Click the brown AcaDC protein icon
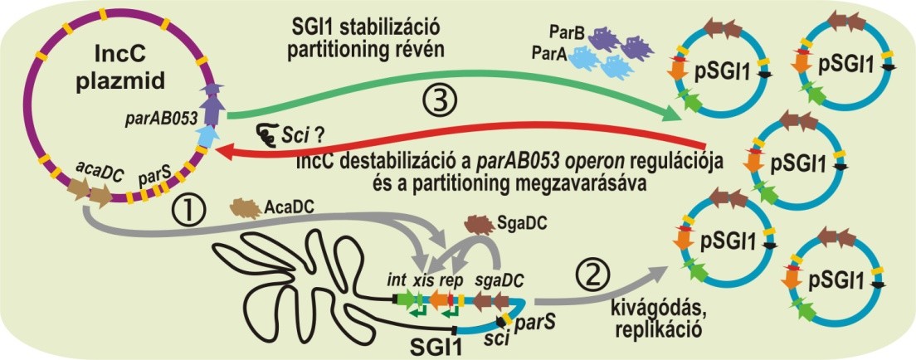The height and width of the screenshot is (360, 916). tap(246, 205)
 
